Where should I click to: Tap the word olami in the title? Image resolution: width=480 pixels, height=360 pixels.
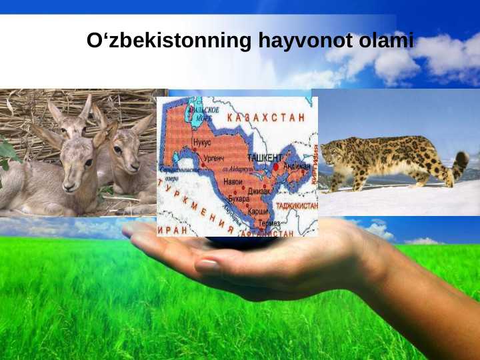click(386, 41)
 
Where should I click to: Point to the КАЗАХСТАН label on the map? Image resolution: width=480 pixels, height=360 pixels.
click(266, 117)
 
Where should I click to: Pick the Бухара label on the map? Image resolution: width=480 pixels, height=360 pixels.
click(238, 199)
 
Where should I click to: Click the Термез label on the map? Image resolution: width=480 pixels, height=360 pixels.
click(269, 223)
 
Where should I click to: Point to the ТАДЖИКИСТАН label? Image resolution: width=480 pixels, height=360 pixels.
click(297, 206)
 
